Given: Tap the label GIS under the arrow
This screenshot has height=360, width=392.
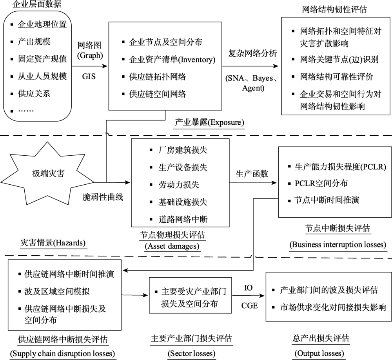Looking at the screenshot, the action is click(89, 76).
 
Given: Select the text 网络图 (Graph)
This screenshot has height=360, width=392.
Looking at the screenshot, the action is click(89, 50).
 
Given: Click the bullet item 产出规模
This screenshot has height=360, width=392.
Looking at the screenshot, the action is click(34, 42).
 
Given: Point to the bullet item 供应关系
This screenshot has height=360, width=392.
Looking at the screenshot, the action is click(34, 94).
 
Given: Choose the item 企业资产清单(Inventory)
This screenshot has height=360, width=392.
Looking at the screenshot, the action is click(172, 60).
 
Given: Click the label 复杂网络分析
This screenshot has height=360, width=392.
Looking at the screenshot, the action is click(252, 53).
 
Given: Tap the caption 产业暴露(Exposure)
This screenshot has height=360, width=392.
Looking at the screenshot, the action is click(209, 122).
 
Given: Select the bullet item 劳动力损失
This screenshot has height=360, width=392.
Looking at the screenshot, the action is click(178, 185).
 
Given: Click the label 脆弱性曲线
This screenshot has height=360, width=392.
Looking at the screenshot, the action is click(103, 197).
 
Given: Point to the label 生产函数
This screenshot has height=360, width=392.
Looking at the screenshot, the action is click(252, 174).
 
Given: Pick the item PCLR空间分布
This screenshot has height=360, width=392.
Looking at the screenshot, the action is click(321, 184).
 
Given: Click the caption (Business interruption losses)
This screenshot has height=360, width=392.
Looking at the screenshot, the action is click(338, 244).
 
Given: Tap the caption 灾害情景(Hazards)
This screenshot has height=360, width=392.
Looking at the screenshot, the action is click(53, 243).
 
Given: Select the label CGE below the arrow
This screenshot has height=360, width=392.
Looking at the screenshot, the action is click(249, 306).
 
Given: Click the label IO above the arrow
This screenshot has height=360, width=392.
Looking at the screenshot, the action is click(248, 288).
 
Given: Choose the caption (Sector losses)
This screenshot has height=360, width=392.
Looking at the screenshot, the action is click(192, 353).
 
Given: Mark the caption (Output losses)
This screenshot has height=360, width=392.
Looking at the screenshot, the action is click(319, 353).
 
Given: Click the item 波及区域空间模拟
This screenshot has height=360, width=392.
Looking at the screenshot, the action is click(57, 291).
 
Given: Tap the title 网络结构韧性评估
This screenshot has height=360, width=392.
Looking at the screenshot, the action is click(334, 9).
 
